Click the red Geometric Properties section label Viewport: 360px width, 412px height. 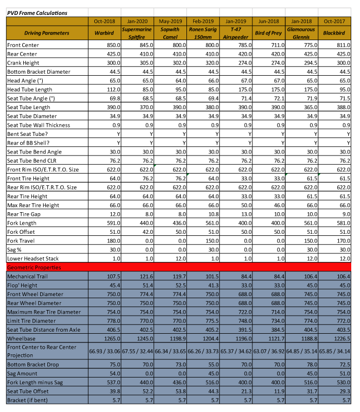pos(34,268)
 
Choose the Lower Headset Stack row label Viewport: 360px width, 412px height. pos(33,259)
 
